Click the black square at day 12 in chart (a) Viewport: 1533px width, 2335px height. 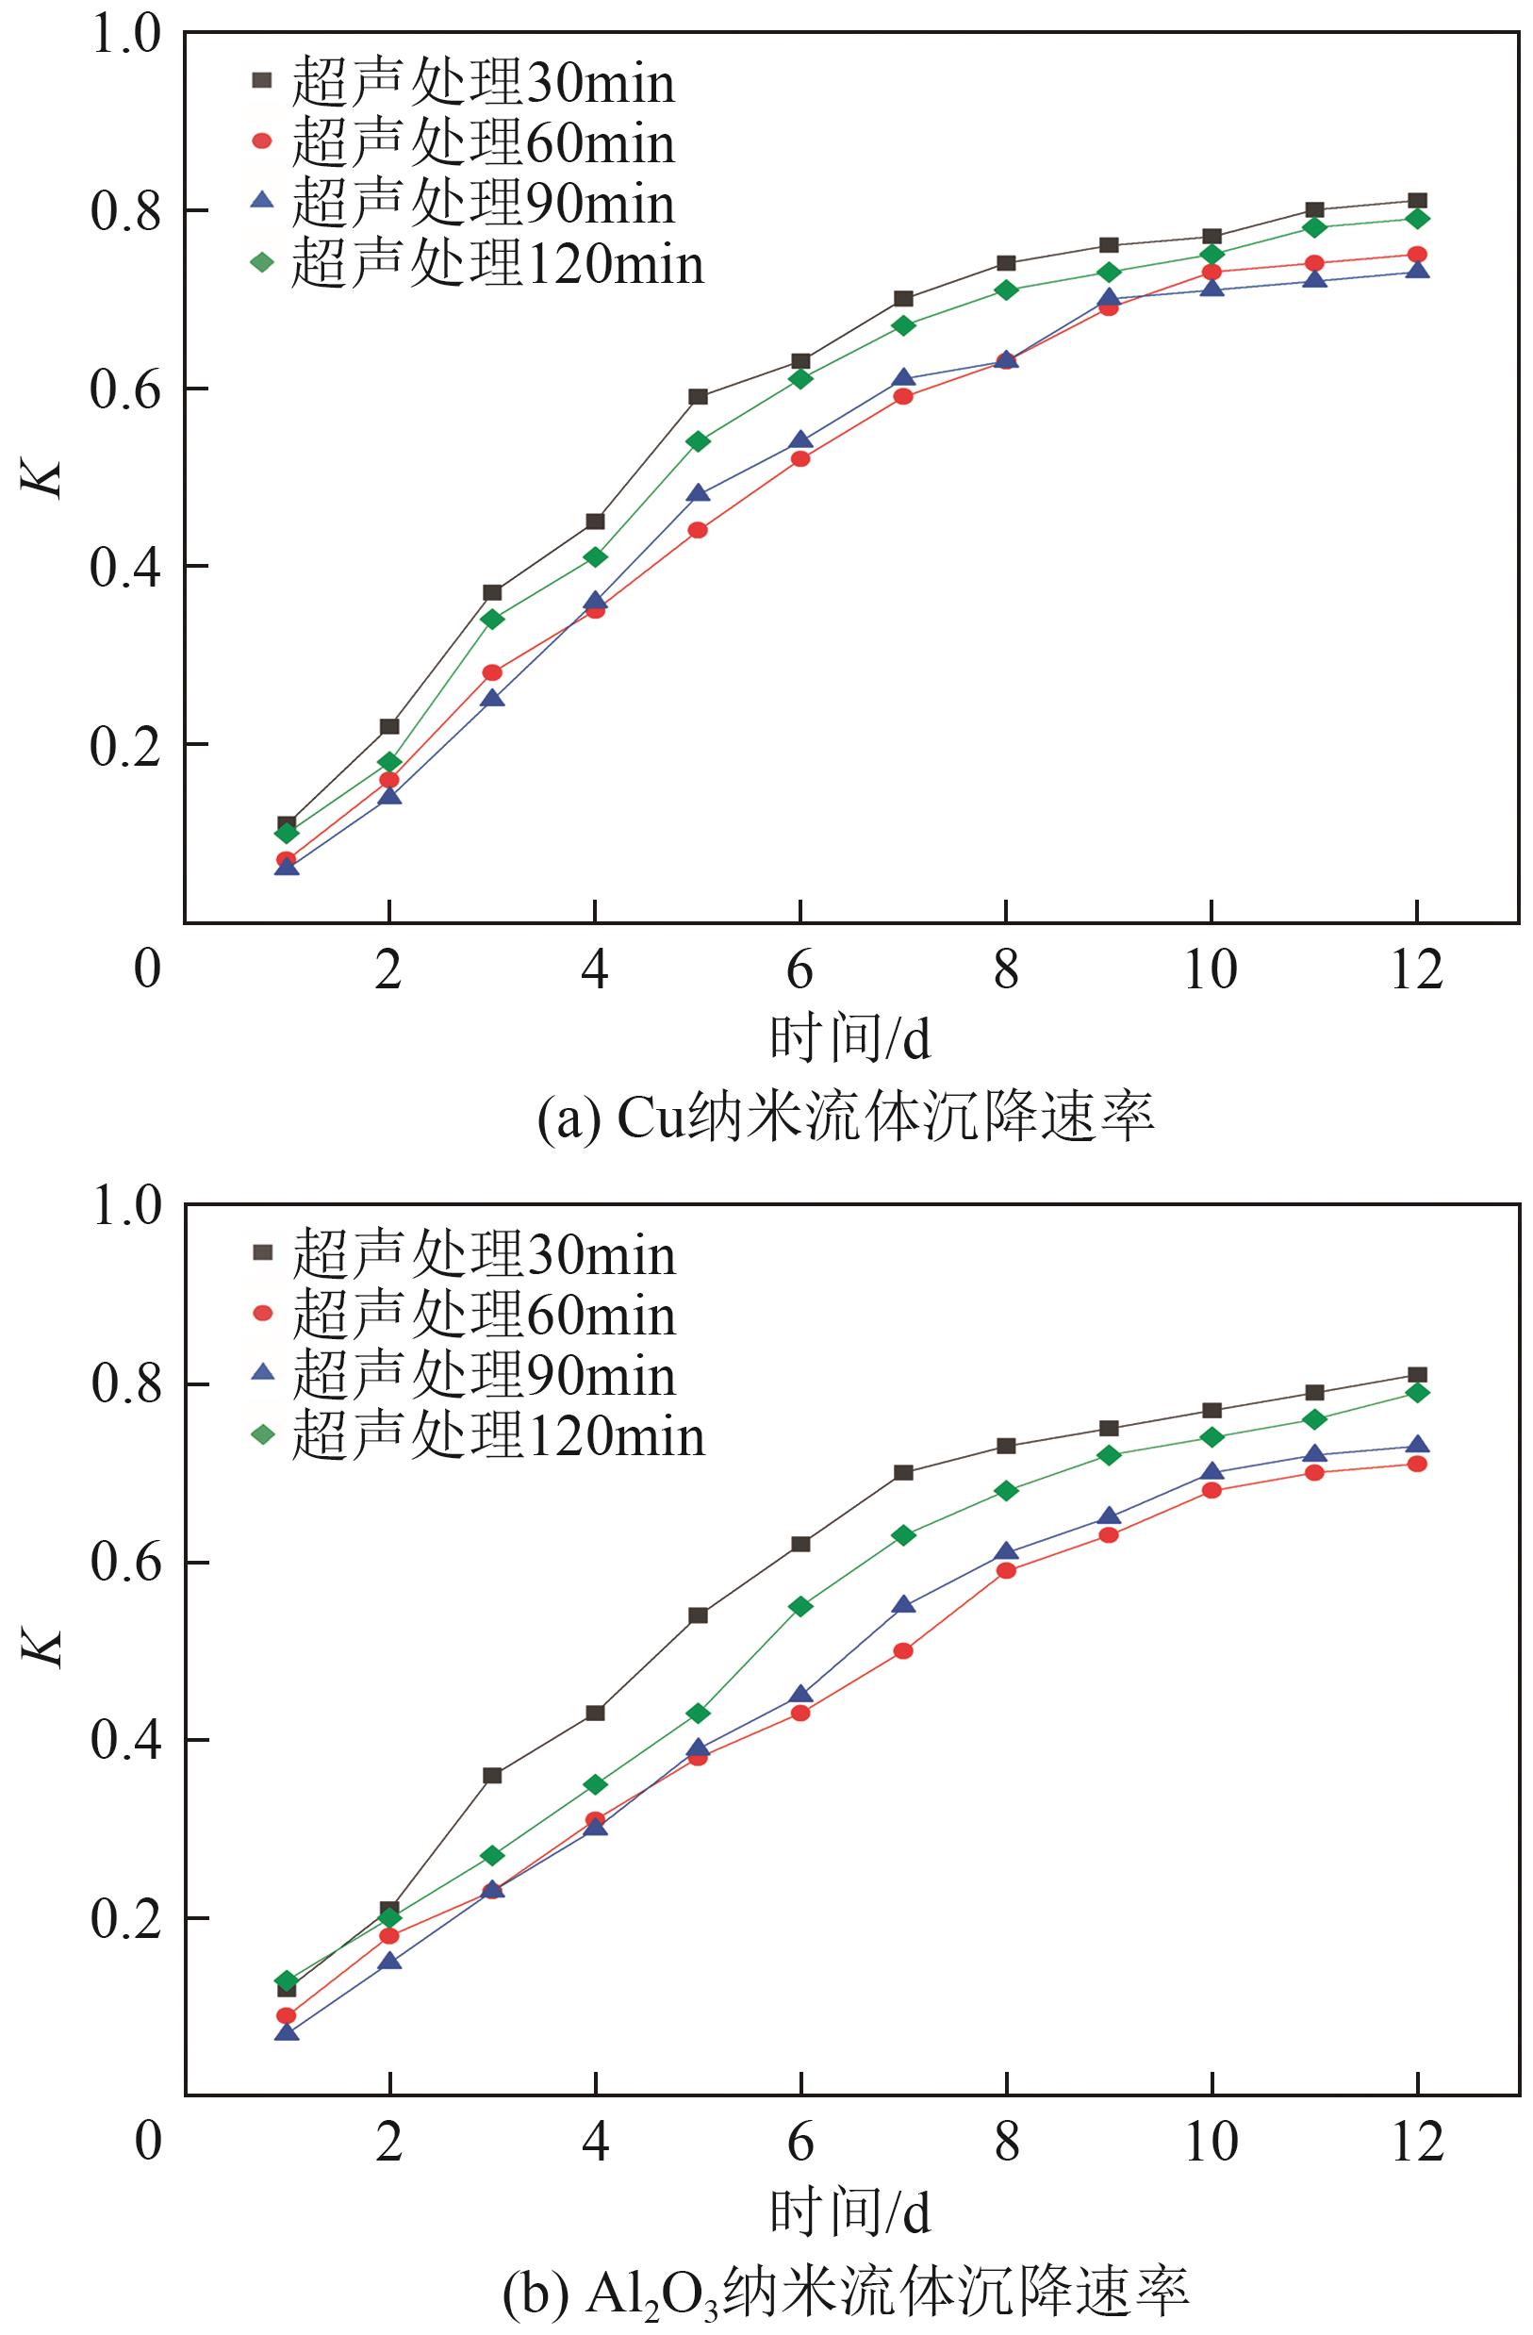(x=1416, y=201)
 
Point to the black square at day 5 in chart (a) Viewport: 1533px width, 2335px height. (x=698, y=396)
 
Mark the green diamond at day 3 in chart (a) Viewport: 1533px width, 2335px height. (x=492, y=619)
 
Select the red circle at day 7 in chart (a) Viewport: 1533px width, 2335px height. (x=903, y=396)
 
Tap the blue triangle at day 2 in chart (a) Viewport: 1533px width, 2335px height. (x=389, y=795)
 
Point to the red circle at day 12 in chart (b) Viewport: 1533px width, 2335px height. (x=1416, y=1464)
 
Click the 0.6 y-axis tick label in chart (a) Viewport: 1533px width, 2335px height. (x=124, y=389)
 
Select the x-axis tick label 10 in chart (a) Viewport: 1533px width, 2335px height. (x=1211, y=970)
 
